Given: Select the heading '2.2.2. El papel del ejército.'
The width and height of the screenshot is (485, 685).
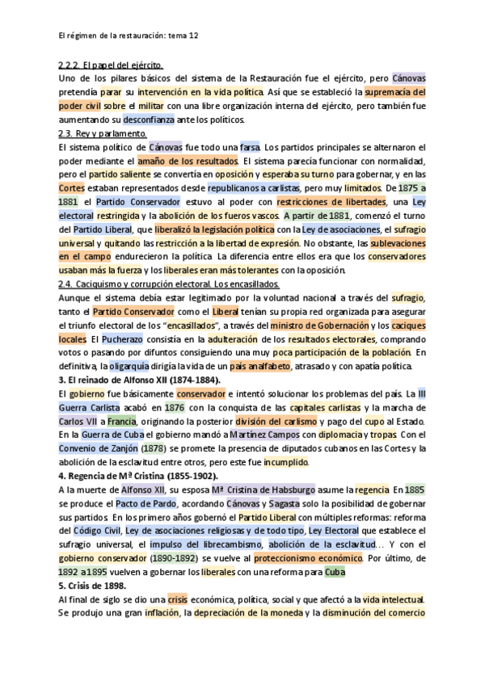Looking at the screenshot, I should (112, 65).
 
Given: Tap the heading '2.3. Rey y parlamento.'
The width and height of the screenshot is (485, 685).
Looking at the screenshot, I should (103, 133).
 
